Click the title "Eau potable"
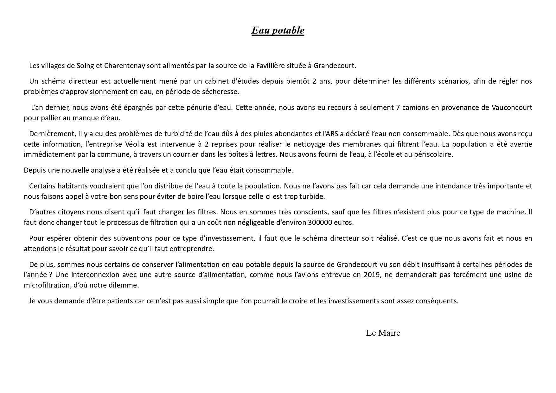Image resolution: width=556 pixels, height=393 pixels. tap(278, 30)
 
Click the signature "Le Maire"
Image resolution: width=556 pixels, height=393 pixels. tap(383, 333)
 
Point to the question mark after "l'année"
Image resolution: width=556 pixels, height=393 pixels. tap(51, 275)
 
